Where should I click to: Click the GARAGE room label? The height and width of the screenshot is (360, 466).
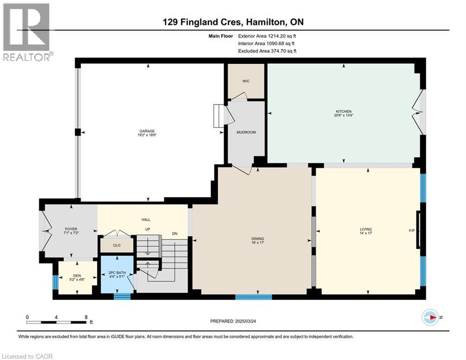click(x=147, y=131)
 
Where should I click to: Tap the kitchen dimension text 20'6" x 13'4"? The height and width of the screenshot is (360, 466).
click(x=344, y=115)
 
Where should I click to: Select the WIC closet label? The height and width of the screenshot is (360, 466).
click(x=246, y=81)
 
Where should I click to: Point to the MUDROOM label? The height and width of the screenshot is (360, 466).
click(x=246, y=132)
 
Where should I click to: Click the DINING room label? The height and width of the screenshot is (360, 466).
click(x=258, y=239)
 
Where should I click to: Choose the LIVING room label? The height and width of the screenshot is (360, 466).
click(x=366, y=229)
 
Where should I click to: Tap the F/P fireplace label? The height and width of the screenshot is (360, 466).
click(x=412, y=231)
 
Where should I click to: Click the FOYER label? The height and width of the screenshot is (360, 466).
click(x=71, y=229)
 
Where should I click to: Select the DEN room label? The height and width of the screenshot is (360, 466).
click(x=77, y=276)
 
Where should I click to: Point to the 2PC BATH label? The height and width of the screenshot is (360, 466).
click(x=117, y=272)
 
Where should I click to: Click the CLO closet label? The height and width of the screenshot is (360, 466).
click(x=117, y=245)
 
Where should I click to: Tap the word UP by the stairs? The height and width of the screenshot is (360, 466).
click(x=148, y=229)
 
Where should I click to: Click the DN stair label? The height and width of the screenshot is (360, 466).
click(x=175, y=233)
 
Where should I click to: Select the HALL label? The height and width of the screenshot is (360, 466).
click(x=146, y=219)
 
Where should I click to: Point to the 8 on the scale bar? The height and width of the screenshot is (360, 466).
click(x=86, y=317)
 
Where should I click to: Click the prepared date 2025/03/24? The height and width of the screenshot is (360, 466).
click(x=245, y=321)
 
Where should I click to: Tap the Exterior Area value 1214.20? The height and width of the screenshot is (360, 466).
click(x=277, y=36)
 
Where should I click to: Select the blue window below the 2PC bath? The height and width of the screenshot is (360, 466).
click(x=122, y=296)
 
